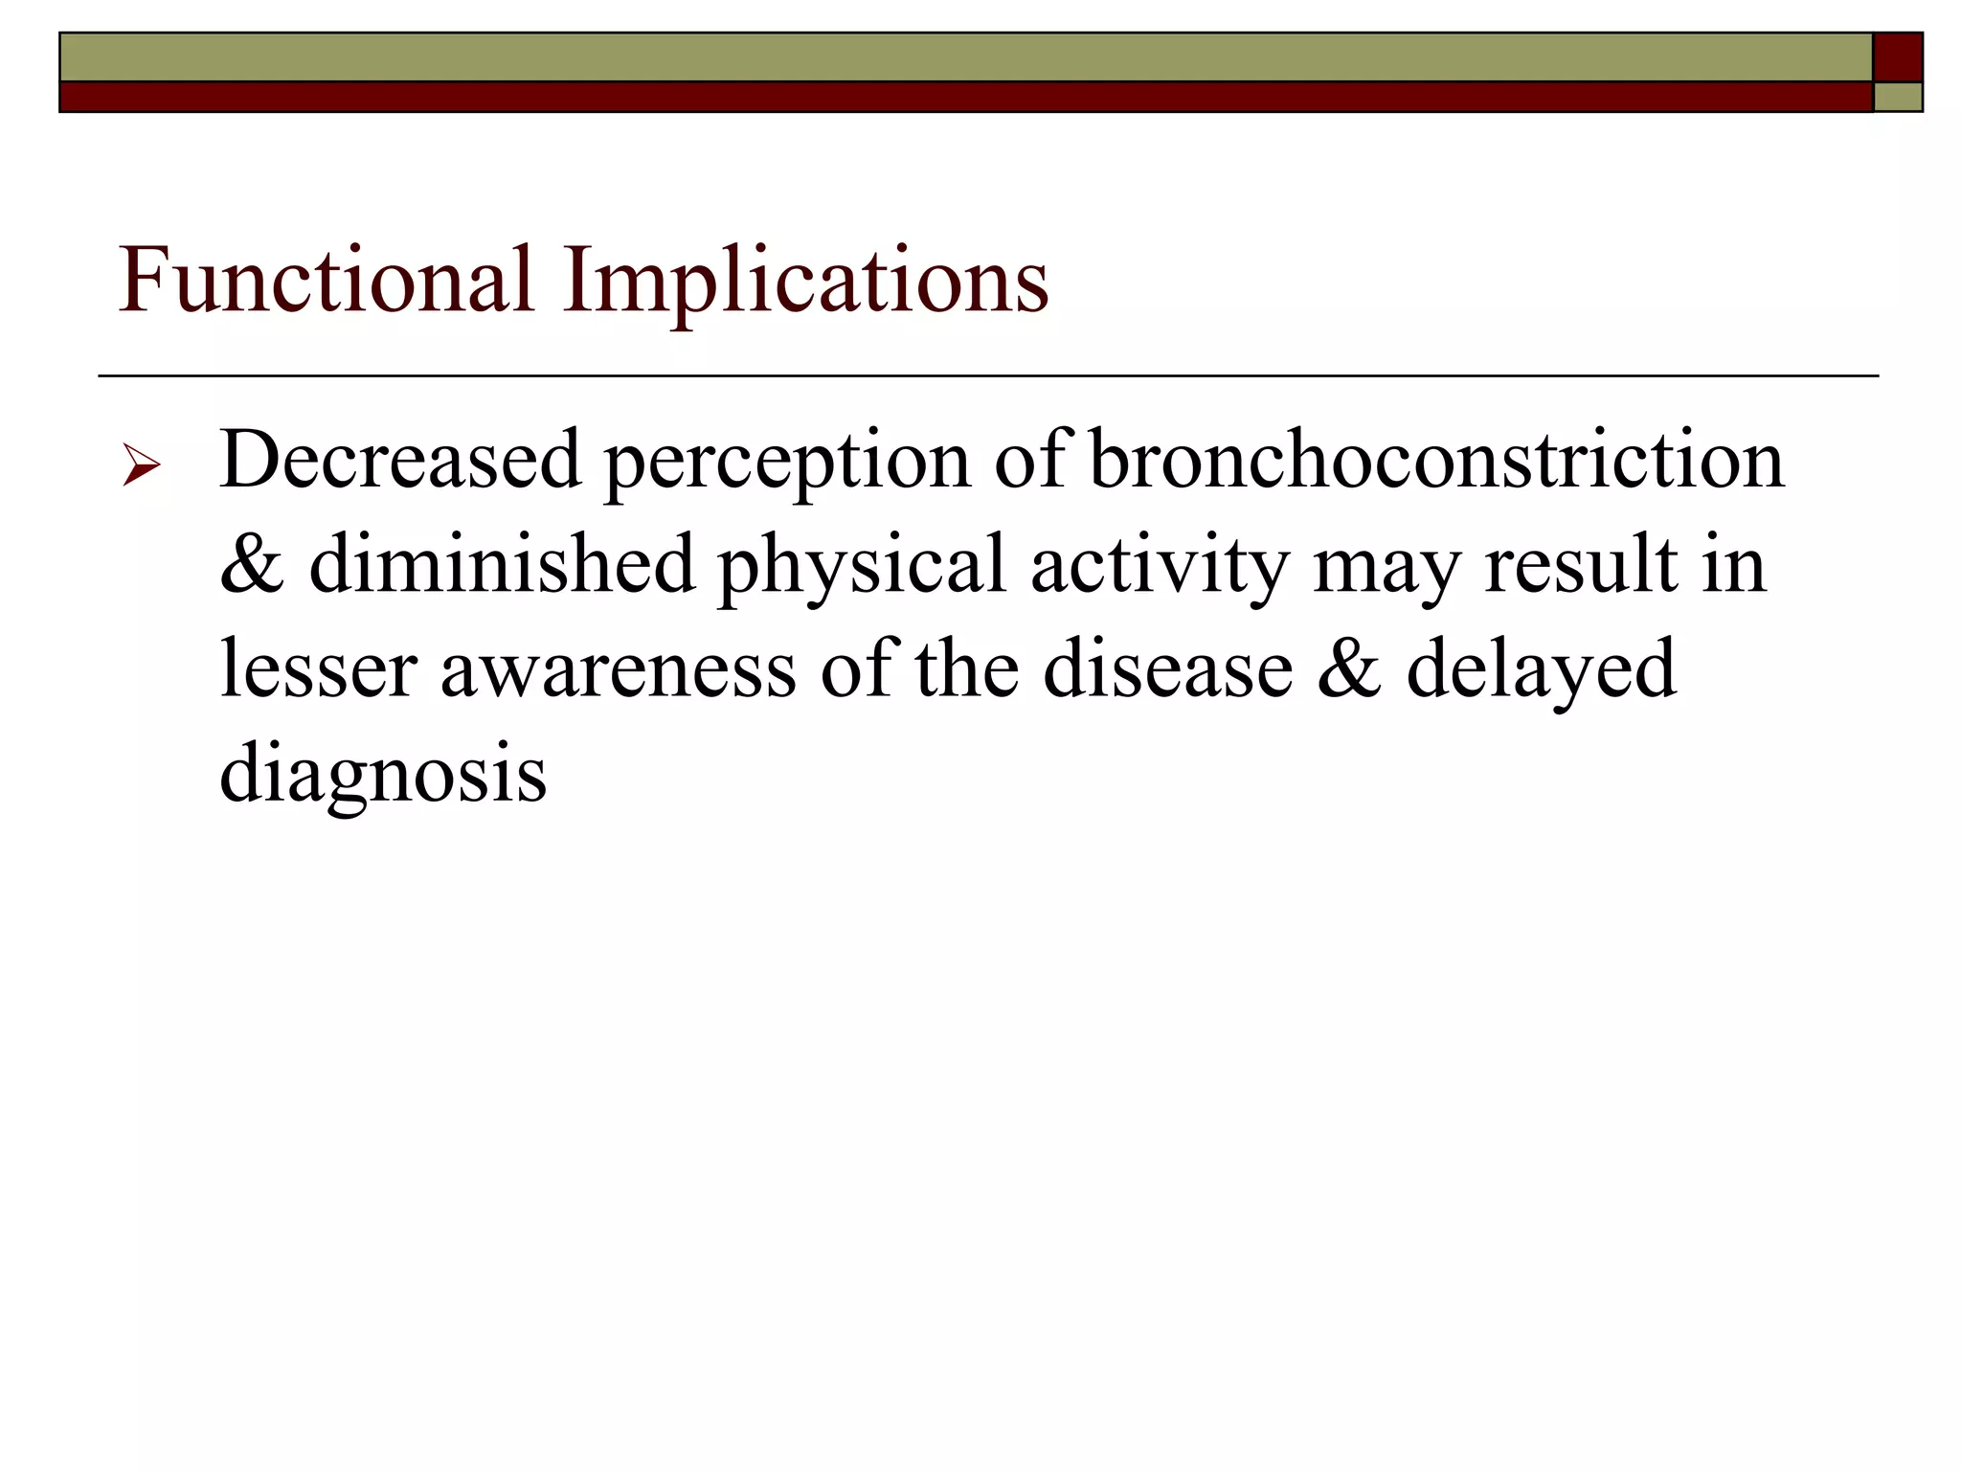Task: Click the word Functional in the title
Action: point(326,280)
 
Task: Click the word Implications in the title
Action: point(805,280)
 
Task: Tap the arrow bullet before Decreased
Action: point(141,467)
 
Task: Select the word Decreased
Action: point(400,460)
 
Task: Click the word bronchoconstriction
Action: point(1436,460)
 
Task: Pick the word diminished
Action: point(501,564)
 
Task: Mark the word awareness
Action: point(618,669)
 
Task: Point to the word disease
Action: point(1167,668)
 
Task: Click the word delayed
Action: point(1541,669)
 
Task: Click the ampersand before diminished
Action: point(252,565)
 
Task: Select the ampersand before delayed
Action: point(1349,668)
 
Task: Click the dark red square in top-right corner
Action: point(1897,57)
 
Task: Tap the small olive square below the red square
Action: point(1897,98)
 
